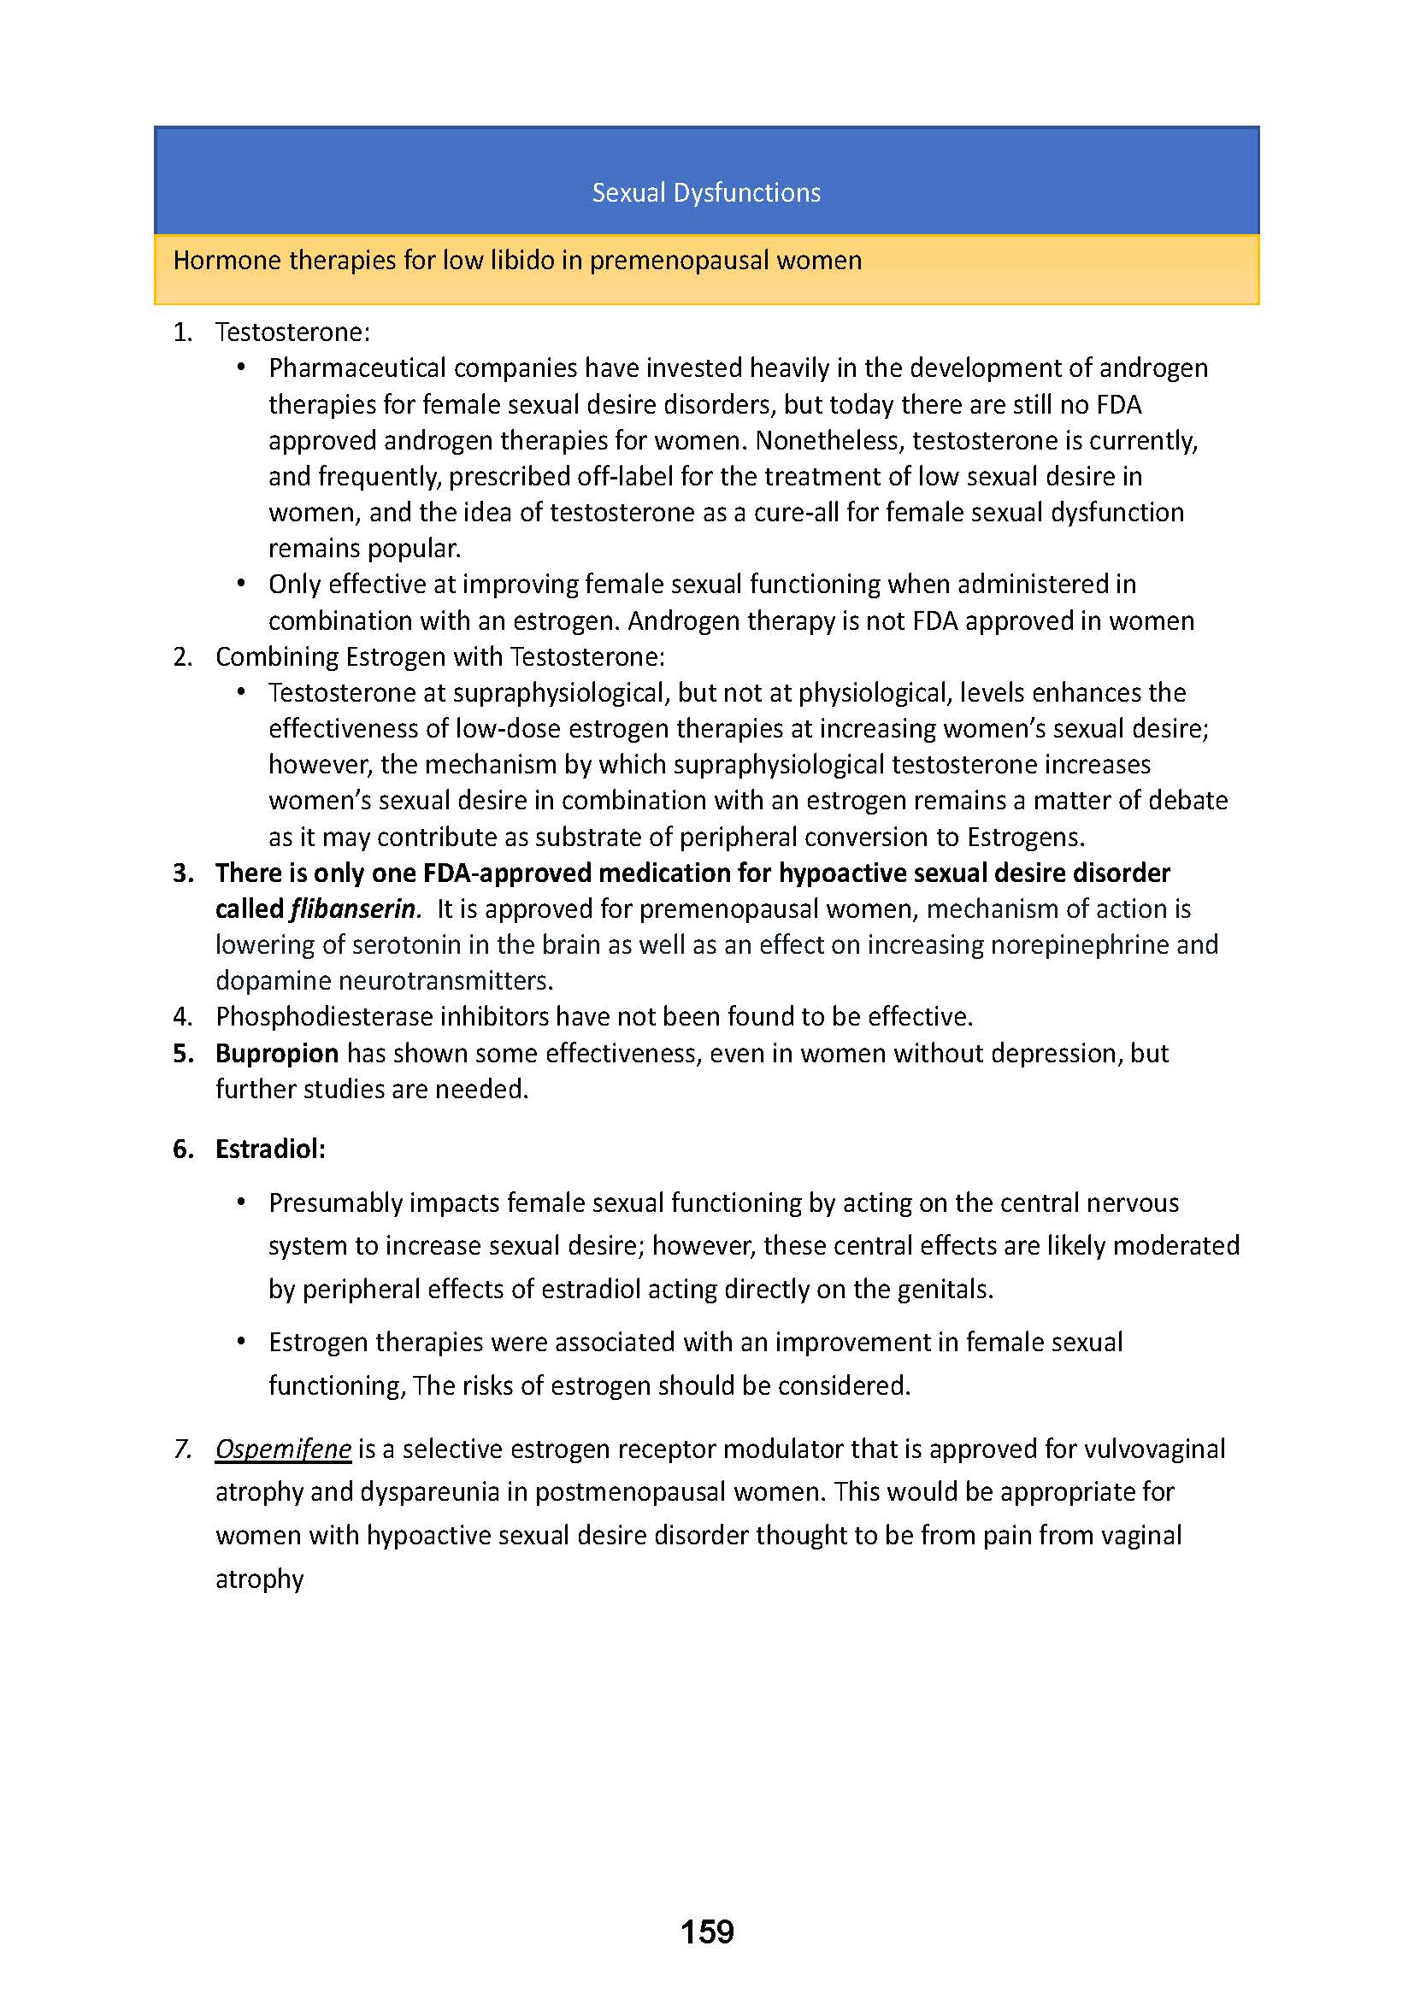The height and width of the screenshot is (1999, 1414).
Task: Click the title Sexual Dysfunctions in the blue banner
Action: pyautogui.click(x=706, y=192)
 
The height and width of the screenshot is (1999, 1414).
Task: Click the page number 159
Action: pyautogui.click(x=707, y=1932)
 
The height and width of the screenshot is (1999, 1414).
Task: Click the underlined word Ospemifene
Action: pyautogui.click(x=283, y=1449)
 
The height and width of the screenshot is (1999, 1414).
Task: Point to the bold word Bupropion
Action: pyautogui.click(x=277, y=1054)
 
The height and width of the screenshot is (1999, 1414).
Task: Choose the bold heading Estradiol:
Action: pyautogui.click(x=270, y=1149)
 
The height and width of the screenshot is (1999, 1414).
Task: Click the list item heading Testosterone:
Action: pyautogui.click(x=292, y=332)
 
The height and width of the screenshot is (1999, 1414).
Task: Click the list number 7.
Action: pyautogui.click(x=182, y=1449)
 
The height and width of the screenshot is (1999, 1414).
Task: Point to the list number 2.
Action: pyautogui.click(x=182, y=657)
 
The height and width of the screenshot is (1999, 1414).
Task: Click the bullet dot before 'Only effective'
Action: pyautogui.click(x=242, y=585)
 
